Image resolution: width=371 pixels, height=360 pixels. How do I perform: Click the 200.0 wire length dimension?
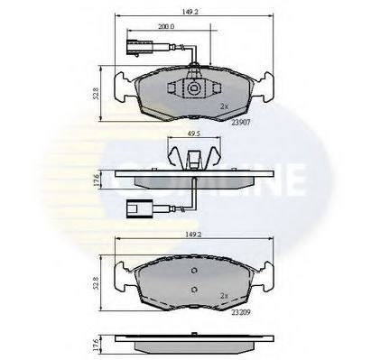[x=165, y=26]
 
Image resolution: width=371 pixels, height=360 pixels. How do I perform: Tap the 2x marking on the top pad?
[x=222, y=106]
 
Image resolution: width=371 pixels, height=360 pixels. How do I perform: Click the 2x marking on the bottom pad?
[x=222, y=295]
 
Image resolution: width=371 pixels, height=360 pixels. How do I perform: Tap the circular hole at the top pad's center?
[x=192, y=90]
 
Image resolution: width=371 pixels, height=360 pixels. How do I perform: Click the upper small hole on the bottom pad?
[x=192, y=271]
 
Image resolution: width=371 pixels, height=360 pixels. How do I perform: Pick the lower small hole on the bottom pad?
[x=192, y=291]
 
